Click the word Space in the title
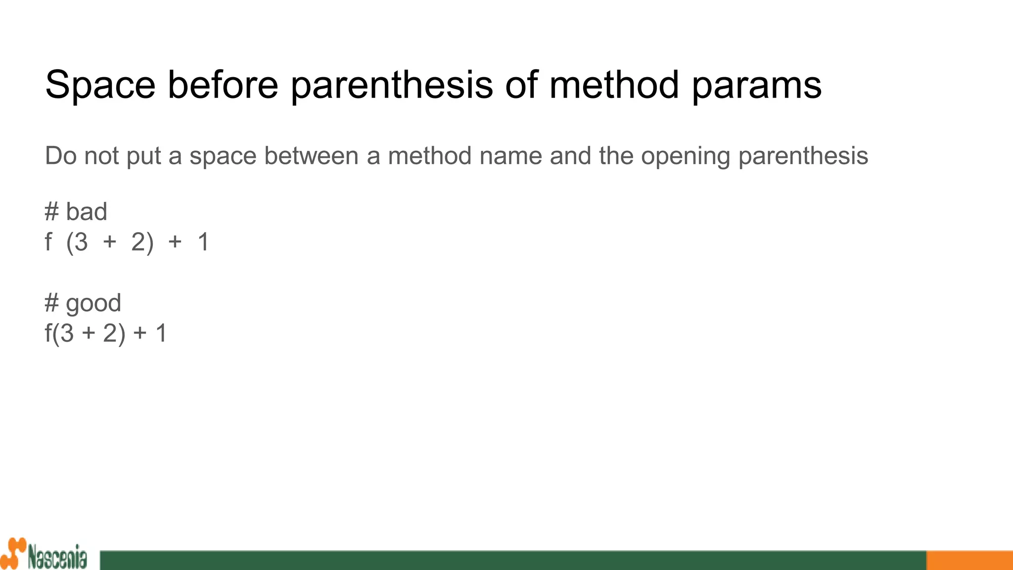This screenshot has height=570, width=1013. pyautogui.click(x=100, y=85)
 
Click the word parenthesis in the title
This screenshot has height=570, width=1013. pyautogui.click(x=392, y=85)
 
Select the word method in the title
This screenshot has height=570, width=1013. pyautogui.click(x=614, y=85)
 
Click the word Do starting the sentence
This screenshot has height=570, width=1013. pyautogui.click(x=60, y=156)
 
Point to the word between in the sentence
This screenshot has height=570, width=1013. pyautogui.click(x=311, y=156)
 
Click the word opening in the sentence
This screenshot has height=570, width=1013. pyautogui.click(x=686, y=157)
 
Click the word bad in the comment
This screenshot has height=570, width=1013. pyautogui.click(x=87, y=212)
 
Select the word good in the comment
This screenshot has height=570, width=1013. pyautogui.click(x=93, y=304)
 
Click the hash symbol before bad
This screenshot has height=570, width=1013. pyautogui.click(x=51, y=212)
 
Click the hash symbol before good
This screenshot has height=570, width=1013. pyautogui.click(x=51, y=303)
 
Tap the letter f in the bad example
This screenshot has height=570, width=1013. pyautogui.click(x=48, y=242)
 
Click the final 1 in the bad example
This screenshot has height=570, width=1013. pyautogui.click(x=203, y=242)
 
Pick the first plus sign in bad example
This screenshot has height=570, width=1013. pyautogui.click(x=109, y=242)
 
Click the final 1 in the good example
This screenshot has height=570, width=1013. pyautogui.click(x=161, y=333)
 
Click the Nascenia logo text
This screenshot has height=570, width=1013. pyautogui.click(x=57, y=558)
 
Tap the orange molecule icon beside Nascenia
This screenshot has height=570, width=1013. pyautogui.click(x=13, y=553)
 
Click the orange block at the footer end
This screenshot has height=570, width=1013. pyautogui.click(x=969, y=560)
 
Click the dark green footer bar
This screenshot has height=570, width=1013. pyautogui.click(x=512, y=560)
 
